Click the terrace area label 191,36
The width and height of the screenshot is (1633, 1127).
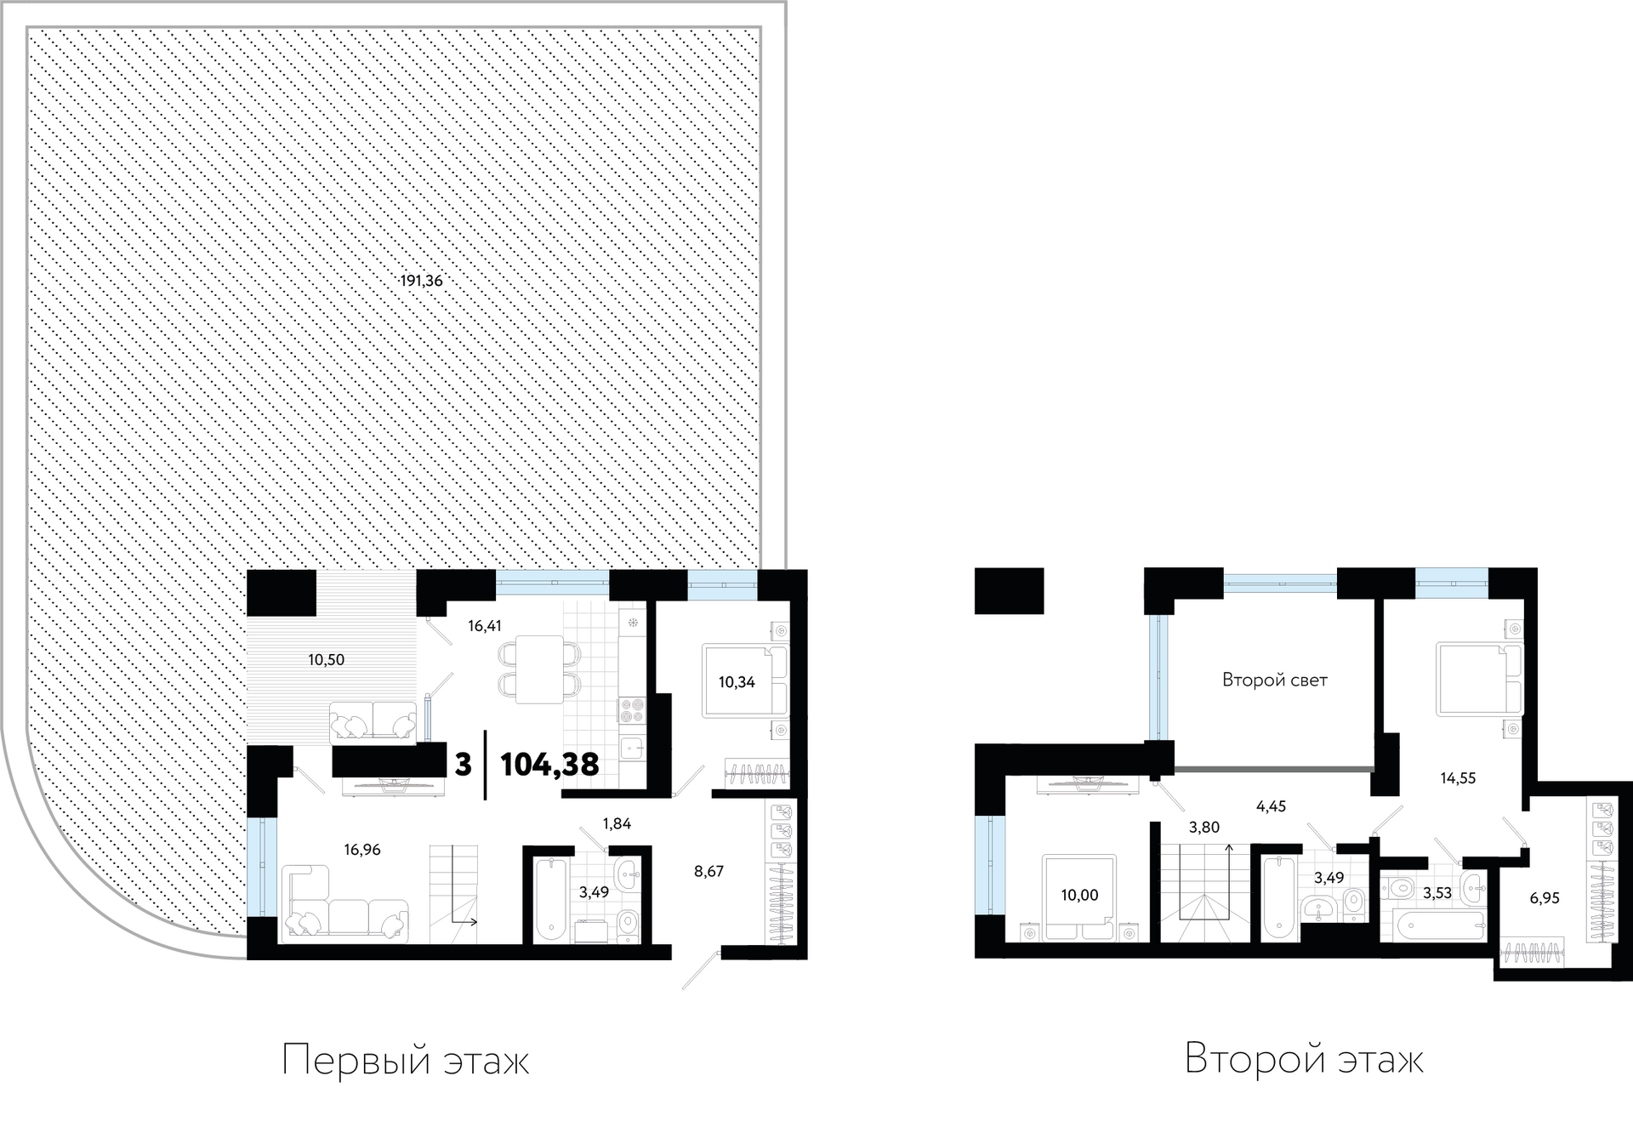(x=422, y=281)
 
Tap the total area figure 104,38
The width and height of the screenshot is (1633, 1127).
(x=549, y=765)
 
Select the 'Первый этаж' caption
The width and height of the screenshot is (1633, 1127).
(x=406, y=1061)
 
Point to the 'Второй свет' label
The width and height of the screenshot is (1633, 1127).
(x=1274, y=680)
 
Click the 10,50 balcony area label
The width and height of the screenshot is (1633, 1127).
(x=326, y=660)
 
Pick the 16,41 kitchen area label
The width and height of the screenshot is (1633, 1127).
(x=485, y=626)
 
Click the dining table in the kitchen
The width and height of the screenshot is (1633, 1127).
(x=540, y=669)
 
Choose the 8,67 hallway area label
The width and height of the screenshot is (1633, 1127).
(x=708, y=871)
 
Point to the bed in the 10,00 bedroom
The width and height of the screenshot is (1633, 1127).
(x=1080, y=897)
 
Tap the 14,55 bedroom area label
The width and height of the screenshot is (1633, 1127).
(x=1458, y=777)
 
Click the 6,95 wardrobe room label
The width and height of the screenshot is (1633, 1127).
(x=1545, y=897)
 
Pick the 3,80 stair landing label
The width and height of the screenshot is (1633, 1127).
(x=1204, y=827)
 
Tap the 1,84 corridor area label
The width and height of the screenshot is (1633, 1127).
(x=617, y=823)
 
